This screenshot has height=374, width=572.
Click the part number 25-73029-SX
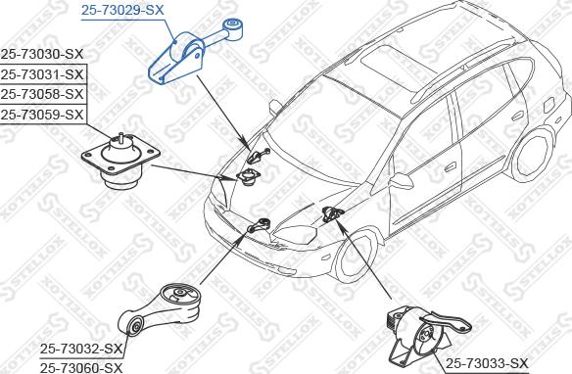pyautogui.click(x=122, y=10)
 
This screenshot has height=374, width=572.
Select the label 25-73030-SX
pyautogui.click(x=42, y=54)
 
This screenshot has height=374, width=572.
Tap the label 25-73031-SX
pyautogui.click(x=42, y=74)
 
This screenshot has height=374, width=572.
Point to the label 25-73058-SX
pyautogui.click(x=42, y=94)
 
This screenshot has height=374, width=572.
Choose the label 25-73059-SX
pyautogui.click(x=42, y=115)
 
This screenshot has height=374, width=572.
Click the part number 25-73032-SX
pyautogui.click(x=81, y=349)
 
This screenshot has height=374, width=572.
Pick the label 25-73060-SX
pyautogui.click(x=81, y=367)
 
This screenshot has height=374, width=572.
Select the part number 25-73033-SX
pyautogui.click(x=487, y=363)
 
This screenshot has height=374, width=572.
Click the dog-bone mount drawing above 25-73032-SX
pyautogui.click(x=160, y=309)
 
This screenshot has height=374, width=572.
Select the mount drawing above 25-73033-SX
pyautogui.click(x=427, y=336)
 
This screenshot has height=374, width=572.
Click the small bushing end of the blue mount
pyautogui.click(x=233, y=27)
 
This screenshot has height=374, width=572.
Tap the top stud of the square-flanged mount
pyautogui.click(x=120, y=138)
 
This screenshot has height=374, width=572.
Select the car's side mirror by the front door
pyautogui.click(x=401, y=180)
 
